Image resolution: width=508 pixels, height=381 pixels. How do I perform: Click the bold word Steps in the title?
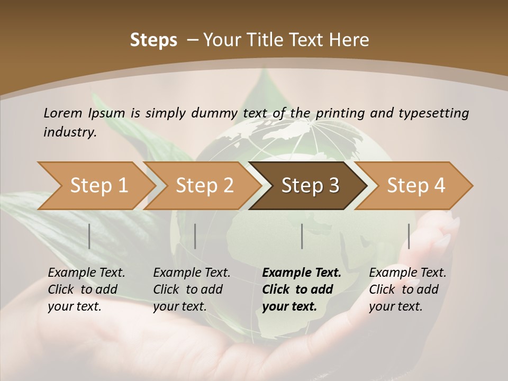pos(153,40)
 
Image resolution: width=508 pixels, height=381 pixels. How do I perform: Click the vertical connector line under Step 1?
pos(89,236)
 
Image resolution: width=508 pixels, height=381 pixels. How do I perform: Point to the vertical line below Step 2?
pos(195,236)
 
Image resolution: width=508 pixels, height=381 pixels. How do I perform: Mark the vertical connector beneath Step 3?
pos(302,236)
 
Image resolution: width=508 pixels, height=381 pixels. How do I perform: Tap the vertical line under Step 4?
pos(409,236)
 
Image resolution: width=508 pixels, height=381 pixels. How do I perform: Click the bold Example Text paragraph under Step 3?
pos(302,289)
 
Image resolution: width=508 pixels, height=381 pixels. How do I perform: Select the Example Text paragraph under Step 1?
pos(86,289)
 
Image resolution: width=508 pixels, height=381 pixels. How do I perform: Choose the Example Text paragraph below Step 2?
pos(192,289)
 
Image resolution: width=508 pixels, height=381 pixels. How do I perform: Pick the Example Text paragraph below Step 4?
pos(407,289)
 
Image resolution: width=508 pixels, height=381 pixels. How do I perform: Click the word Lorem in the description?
pos(63,113)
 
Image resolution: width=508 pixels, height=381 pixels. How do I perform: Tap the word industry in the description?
pos(70,132)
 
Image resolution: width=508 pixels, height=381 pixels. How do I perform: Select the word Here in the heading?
pos(350,40)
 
